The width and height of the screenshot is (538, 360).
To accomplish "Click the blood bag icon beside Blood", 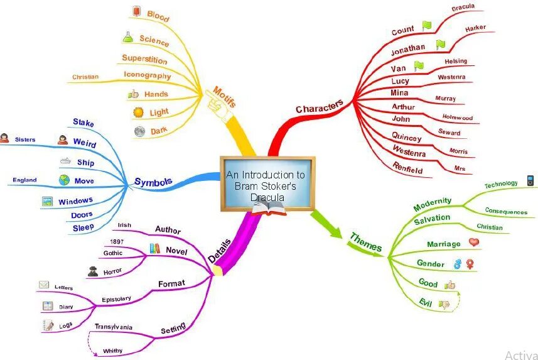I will pyautogui.click(x=137, y=11).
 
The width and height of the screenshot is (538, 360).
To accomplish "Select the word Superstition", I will pyautogui.click(x=144, y=59).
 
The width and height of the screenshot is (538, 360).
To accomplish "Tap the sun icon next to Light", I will pyautogui.click(x=138, y=112).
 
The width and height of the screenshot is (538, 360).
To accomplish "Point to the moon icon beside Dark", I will pyautogui.click(x=139, y=131).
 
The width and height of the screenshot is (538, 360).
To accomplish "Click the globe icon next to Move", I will pyautogui.click(x=64, y=180).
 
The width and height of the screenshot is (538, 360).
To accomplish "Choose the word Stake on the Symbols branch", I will pyautogui.click(x=83, y=123).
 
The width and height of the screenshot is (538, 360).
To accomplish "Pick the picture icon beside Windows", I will pyautogui.click(x=46, y=202).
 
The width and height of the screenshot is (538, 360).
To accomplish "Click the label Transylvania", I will pyautogui.click(x=114, y=327).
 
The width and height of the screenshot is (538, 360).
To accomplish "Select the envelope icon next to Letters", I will pyautogui.click(x=44, y=285).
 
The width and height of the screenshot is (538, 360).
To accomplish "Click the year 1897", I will pyautogui.click(x=116, y=242).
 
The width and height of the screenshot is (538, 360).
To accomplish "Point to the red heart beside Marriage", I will pyautogui.click(x=474, y=242).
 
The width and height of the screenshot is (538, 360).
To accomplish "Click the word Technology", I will pyautogui.click(x=501, y=185).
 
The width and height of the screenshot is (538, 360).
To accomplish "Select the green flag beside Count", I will pyautogui.click(x=427, y=26).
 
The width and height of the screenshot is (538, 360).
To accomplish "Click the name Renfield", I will pyautogui.click(x=407, y=168).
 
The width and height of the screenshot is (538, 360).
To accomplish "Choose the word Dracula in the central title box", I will pyautogui.click(x=267, y=197).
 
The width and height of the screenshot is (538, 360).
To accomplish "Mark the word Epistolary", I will pyautogui.click(x=117, y=299).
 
